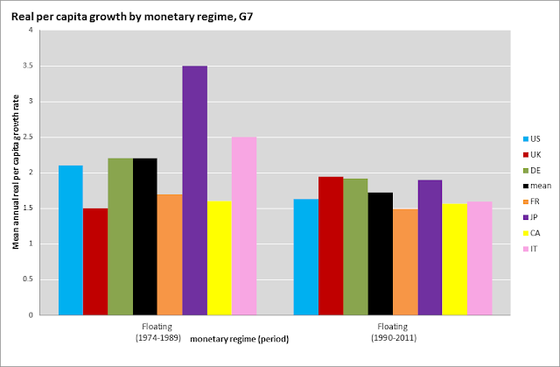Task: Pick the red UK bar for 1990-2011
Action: click(x=331, y=245)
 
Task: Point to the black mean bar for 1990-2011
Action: click(x=381, y=253)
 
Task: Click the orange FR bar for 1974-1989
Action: click(x=170, y=254)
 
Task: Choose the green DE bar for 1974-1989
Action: click(x=120, y=236)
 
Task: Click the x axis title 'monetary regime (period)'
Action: click(x=239, y=339)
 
